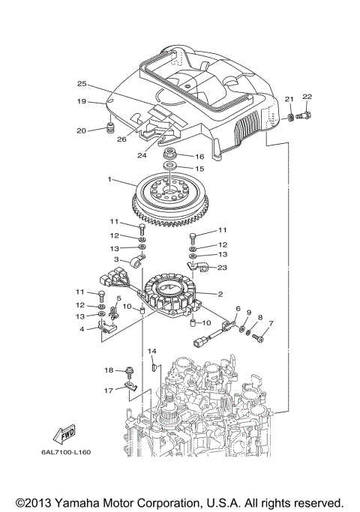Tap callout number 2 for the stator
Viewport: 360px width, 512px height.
pos(220,294)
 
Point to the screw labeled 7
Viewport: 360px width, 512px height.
pos(259,339)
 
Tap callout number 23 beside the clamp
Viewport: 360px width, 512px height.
pos(222,268)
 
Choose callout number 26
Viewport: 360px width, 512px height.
pos(121,138)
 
